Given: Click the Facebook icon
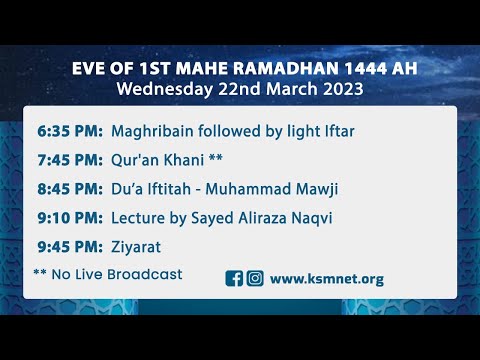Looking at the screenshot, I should pyautogui.click(x=235, y=279).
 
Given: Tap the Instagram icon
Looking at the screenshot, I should pyautogui.click(x=255, y=279).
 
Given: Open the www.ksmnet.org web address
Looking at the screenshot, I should pyautogui.click(x=326, y=279).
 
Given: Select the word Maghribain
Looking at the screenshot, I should pyautogui.click(x=153, y=131).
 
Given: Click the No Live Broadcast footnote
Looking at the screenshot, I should pyautogui.click(x=115, y=273).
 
